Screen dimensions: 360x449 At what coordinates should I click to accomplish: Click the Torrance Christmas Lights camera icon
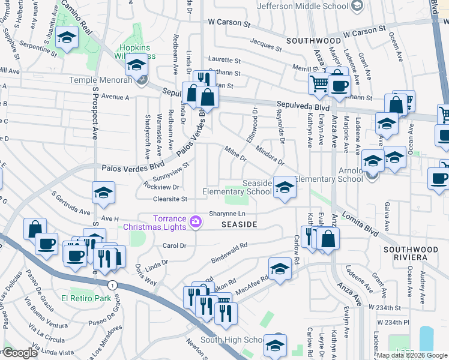(196, 223)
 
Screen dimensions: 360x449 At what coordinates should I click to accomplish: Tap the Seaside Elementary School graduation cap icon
(284, 187)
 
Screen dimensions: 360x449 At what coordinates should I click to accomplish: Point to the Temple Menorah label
(101, 80)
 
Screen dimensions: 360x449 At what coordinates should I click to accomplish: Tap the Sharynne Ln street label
(228, 214)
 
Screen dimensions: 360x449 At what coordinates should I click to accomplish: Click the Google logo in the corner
(20, 352)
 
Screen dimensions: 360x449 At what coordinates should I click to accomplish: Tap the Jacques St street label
(266, 44)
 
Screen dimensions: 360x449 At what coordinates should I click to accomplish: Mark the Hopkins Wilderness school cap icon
(137, 64)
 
